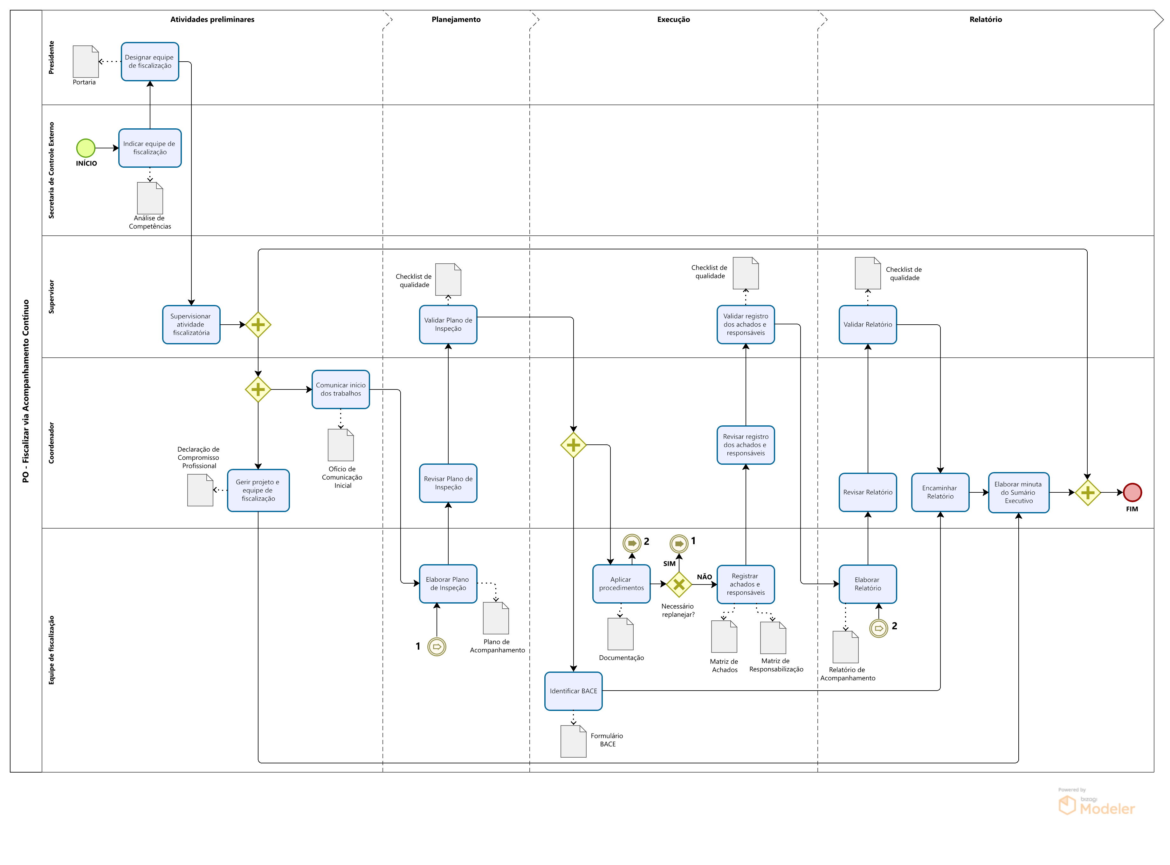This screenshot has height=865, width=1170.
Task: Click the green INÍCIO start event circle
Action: click(x=86, y=148)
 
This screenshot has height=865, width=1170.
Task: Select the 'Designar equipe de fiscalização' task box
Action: click(x=150, y=62)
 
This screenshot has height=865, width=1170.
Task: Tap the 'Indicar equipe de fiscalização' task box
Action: click(x=150, y=148)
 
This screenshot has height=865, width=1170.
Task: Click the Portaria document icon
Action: click(x=86, y=62)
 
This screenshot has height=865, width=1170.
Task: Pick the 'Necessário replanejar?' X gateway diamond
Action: click(x=679, y=585)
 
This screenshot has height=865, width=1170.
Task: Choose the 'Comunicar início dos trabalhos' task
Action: click(x=341, y=389)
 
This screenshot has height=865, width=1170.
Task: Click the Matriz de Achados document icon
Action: click(x=724, y=637)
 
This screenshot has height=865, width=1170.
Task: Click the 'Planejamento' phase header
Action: click(x=456, y=19)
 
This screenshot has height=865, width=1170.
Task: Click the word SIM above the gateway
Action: click(x=669, y=564)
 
